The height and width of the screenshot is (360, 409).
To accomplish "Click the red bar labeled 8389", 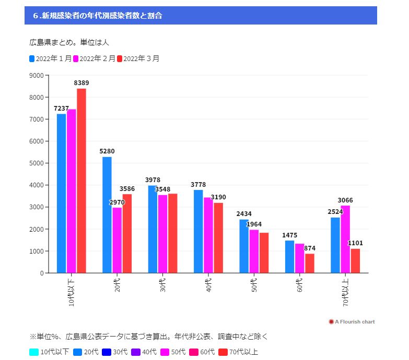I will pos(81,181).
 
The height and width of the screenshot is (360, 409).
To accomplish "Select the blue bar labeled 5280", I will pos(107,214).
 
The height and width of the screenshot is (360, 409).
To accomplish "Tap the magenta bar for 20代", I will pos(117,240).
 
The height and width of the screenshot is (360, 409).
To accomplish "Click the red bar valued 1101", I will pos(355,260).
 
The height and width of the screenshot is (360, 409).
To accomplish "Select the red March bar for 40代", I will pos(218,237).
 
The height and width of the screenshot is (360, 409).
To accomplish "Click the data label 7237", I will pos(61,109).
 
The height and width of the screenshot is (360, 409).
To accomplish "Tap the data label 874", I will pos(310,248).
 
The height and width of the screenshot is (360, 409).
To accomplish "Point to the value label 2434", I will pos(244,214).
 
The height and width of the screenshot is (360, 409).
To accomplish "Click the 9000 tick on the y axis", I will pos(36,76).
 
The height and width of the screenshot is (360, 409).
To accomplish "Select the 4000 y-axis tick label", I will pos(36,185).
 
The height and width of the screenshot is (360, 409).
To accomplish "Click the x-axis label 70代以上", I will pos(345,291).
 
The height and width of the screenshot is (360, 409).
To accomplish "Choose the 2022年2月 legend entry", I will pos(94,58).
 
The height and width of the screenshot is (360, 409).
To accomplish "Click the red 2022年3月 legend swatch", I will pos(120,58).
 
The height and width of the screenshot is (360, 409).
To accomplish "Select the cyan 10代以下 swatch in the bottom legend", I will pos(34,352).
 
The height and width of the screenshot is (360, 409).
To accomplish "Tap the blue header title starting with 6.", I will pos(97,16).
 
